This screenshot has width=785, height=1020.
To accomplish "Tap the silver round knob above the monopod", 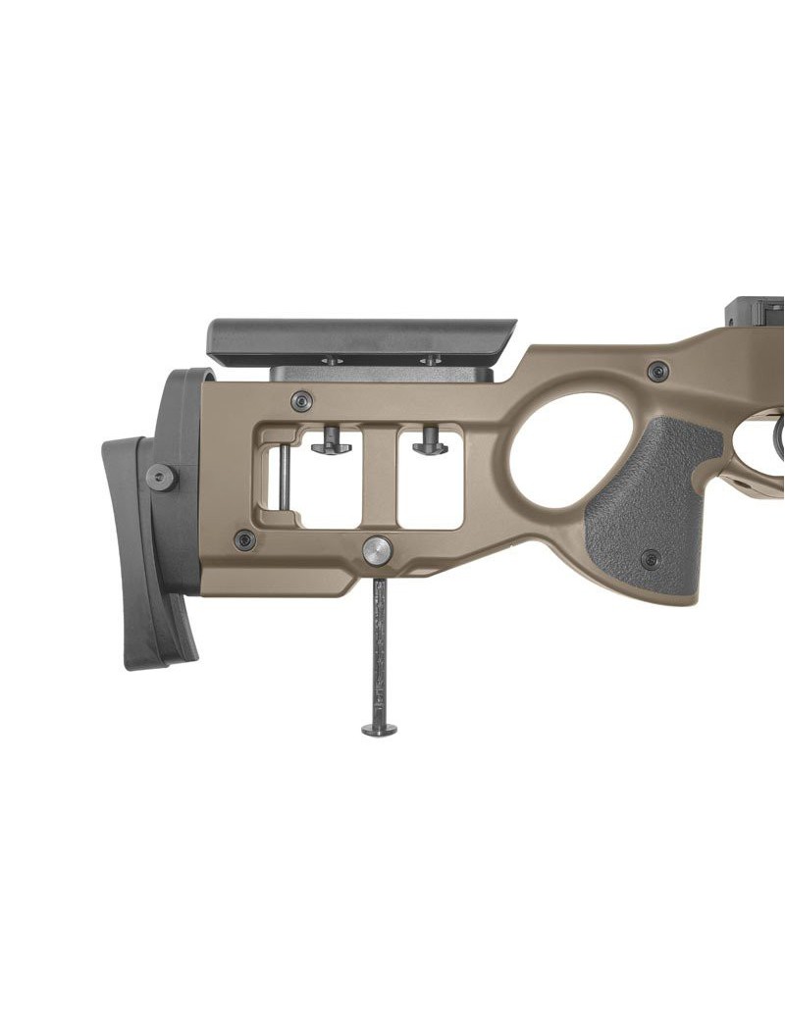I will [x=377, y=550].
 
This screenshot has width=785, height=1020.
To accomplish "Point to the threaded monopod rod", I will [x=379, y=647].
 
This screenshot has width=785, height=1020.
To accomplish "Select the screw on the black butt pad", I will [x=161, y=478].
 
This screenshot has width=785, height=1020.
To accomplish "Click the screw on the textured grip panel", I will [x=650, y=560].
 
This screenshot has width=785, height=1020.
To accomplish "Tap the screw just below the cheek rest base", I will [x=302, y=401].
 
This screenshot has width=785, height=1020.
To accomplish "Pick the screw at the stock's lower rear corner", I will [x=244, y=540].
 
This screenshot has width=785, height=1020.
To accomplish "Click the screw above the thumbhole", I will [x=658, y=372].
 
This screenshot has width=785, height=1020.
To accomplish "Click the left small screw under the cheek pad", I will [x=332, y=361].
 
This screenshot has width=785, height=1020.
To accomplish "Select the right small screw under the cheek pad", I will [x=429, y=361].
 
